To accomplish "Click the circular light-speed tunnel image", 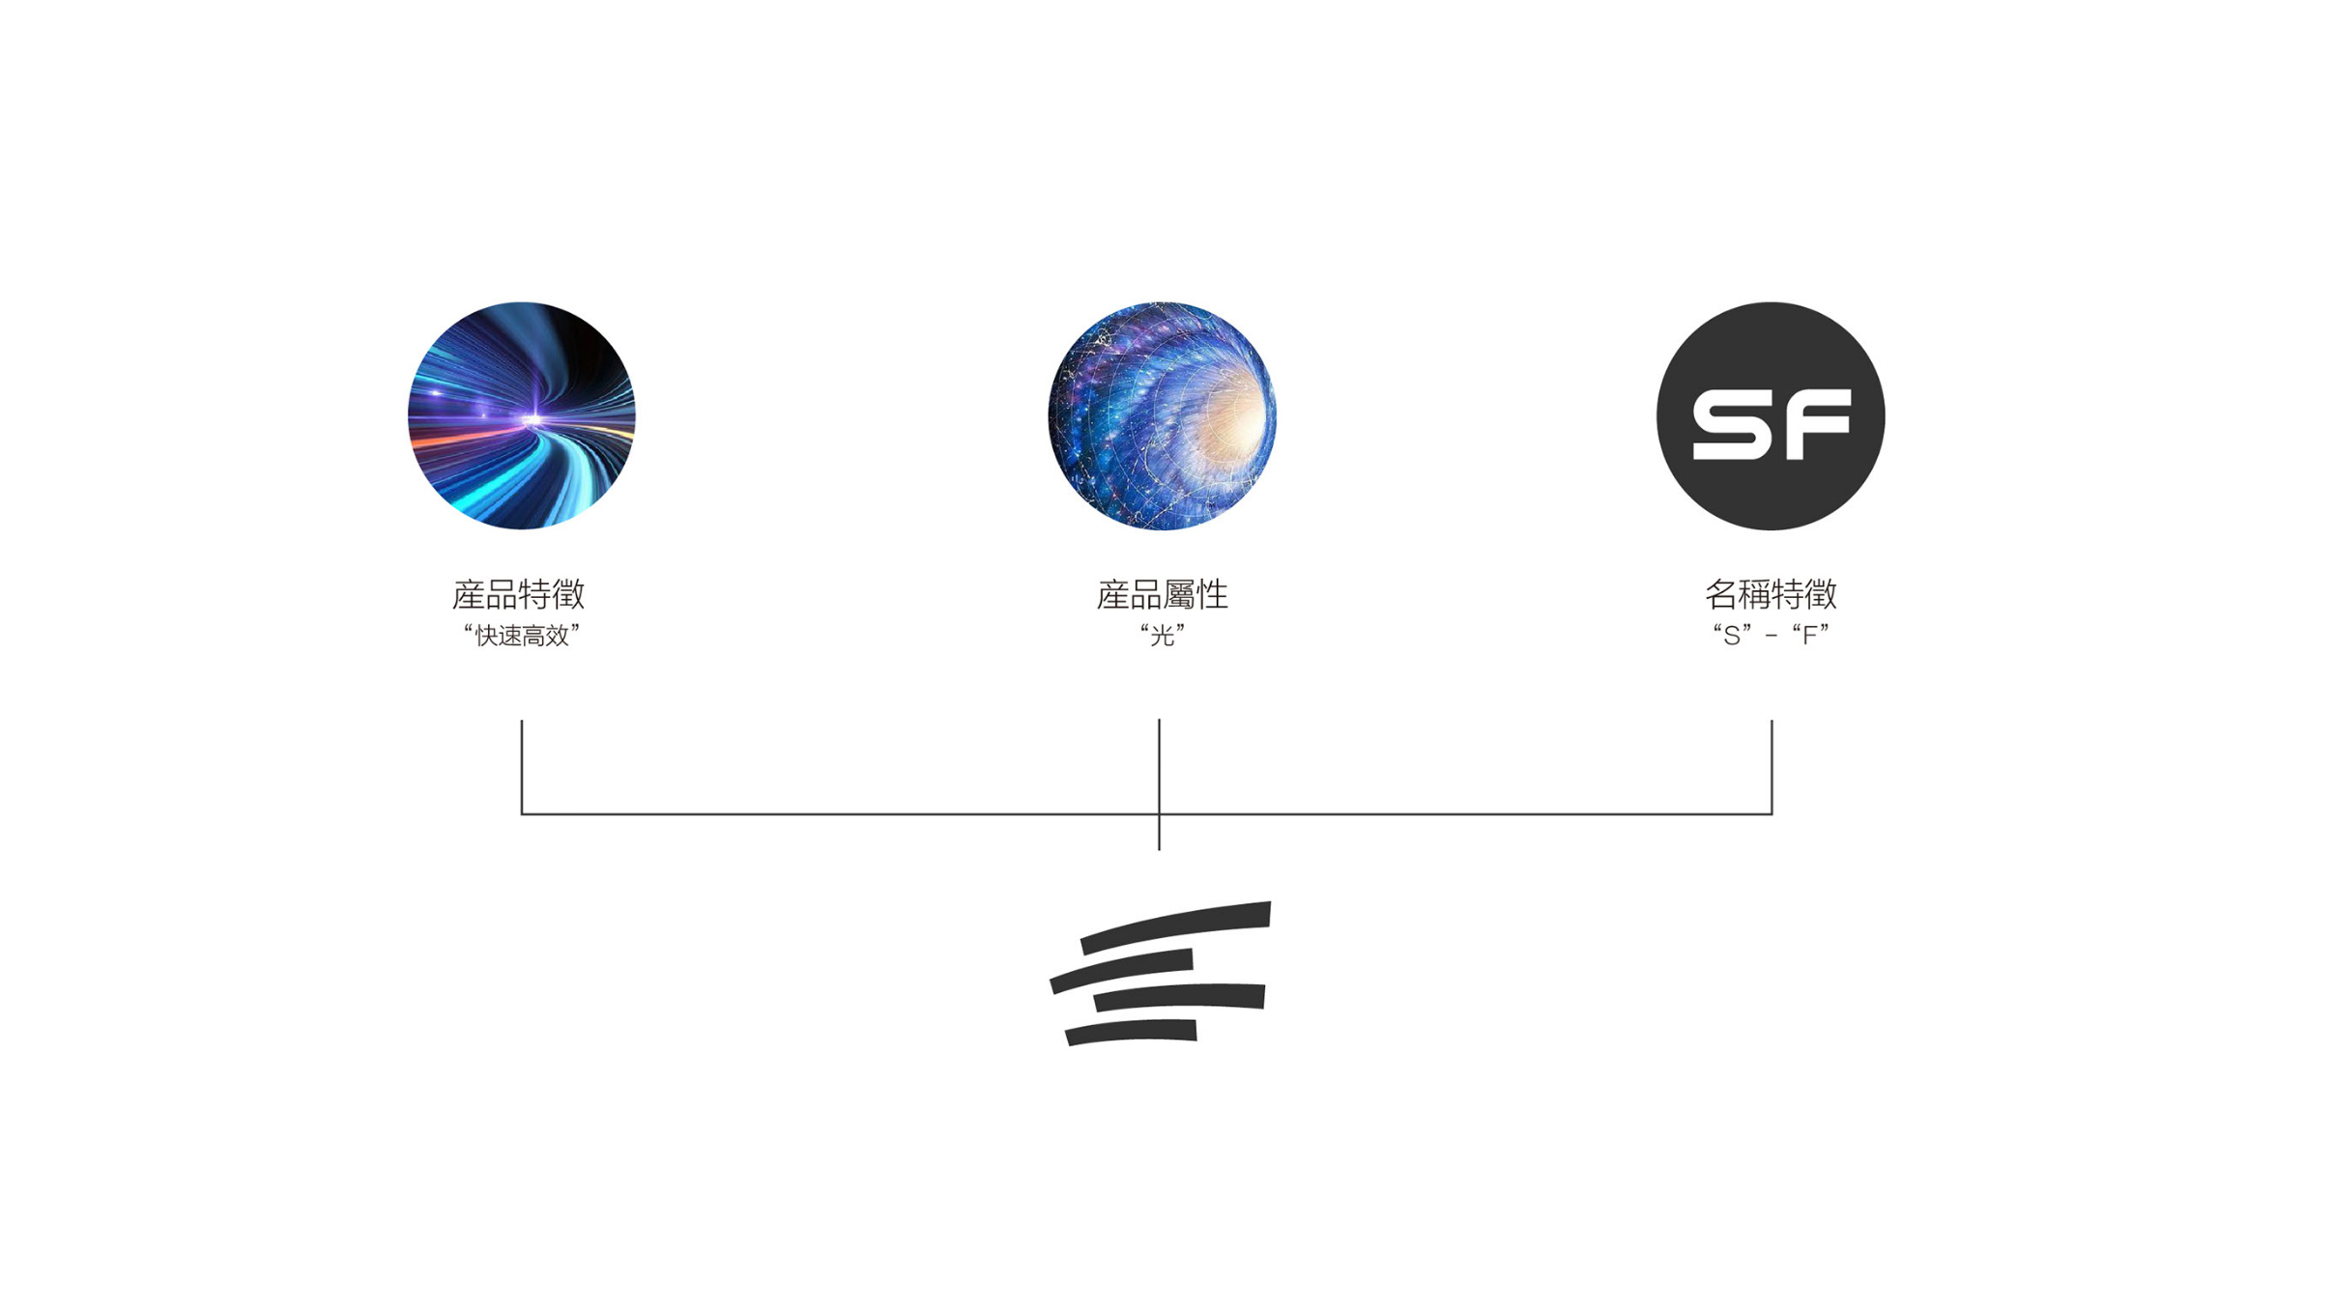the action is tap(522, 415).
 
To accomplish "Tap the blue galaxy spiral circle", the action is tap(1162, 415).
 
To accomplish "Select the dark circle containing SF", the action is tap(1771, 415).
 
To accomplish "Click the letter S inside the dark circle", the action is tap(1729, 424).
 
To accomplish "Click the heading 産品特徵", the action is tap(519, 594).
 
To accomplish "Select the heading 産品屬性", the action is tap(1162, 594).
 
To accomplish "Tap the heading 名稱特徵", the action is tap(1771, 594).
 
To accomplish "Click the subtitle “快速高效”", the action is tap(521, 636).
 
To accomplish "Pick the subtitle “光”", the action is tap(1162, 636).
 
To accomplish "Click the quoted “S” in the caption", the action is tap(1732, 636).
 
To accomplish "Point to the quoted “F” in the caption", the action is tap(1810, 636).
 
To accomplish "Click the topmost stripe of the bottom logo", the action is tap(1175, 926).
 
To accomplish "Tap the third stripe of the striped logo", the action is tap(1179, 997).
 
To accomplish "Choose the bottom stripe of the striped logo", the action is tap(1132, 1032).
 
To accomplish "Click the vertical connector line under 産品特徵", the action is tap(522, 767).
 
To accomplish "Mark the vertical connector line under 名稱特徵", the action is tap(1771, 767).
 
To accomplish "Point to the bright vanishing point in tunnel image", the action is tap(531, 419).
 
